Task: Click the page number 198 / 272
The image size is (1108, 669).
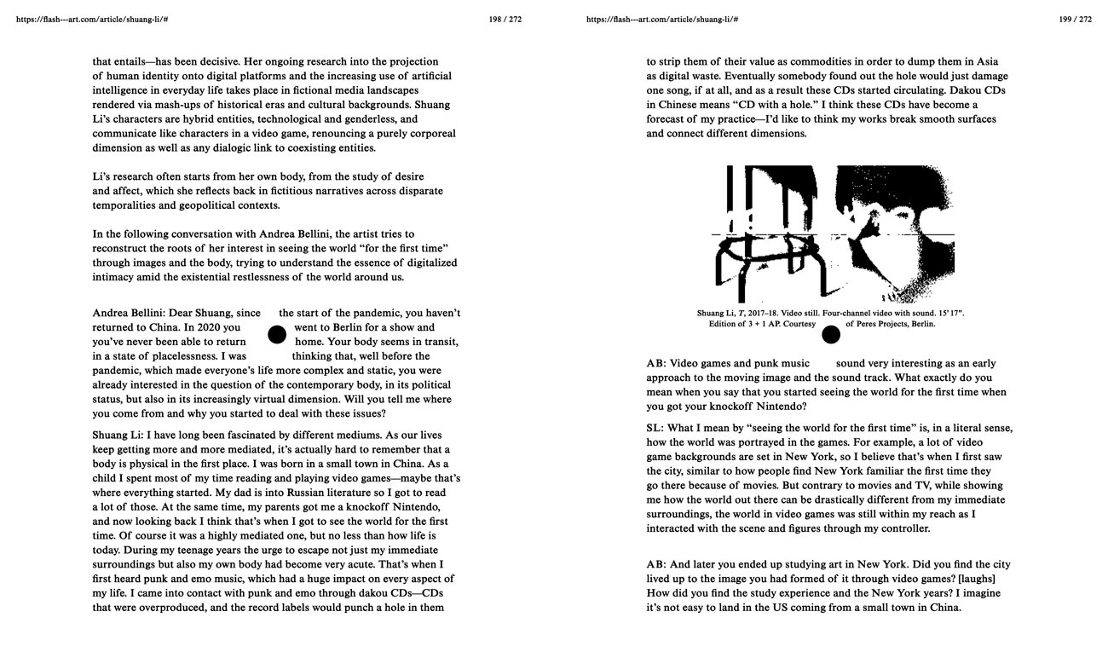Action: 505,19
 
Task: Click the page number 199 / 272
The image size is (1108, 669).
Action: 1075,19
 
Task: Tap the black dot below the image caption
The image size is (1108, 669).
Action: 830,334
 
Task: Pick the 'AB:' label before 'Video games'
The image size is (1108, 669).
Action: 656,363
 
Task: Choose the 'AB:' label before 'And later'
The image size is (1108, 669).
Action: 656,564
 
